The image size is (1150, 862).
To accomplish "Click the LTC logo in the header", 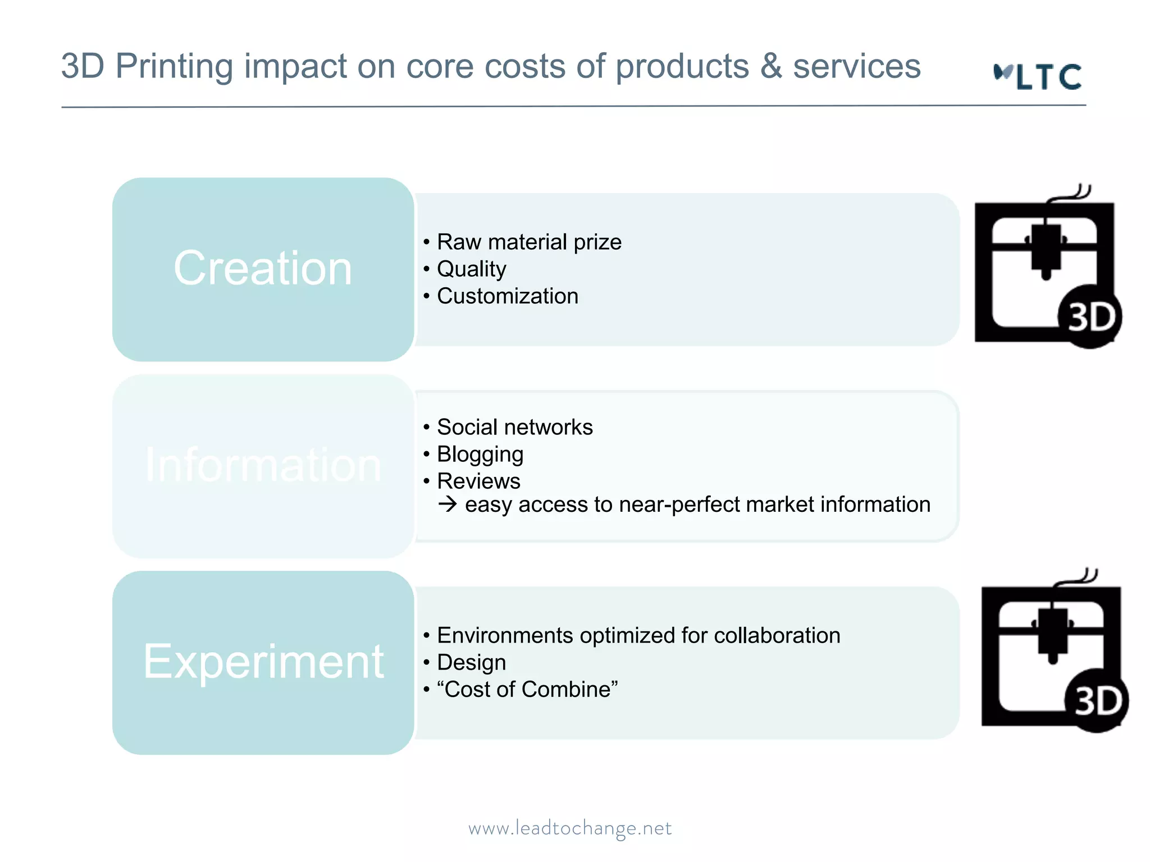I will pyautogui.click(x=1038, y=76).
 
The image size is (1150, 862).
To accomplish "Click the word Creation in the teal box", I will pyautogui.click(x=263, y=268).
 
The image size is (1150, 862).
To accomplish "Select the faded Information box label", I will pyautogui.click(x=263, y=465).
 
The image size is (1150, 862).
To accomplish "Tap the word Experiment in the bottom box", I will pyautogui.click(x=263, y=662).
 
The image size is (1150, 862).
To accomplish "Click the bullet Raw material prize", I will pyautogui.click(x=529, y=242).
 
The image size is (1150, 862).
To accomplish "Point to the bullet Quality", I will pyautogui.click(x=471, y=269).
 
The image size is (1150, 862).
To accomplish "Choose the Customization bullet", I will pyautogui.click(x=507, y=296).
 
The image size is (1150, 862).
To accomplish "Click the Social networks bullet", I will pyautogui.click(x=514, y=427).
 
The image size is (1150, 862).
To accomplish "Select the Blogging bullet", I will pyautogui.click(x=480, y=454).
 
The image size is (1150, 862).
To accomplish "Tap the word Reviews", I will pyautogui.click(x=478, y=481).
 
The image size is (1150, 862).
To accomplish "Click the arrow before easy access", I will pyautogui.click(x=448, y=504).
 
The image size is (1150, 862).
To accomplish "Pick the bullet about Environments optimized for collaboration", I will pyautogui.click(x=638, y=635).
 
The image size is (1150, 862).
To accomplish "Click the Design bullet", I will pyautogui.click(x=471, y=662).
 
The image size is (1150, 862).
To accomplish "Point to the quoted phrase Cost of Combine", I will pyautogui.click(x=527, y=689).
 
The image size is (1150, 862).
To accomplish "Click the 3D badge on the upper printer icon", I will pyautogui.click(x=1090, y=317).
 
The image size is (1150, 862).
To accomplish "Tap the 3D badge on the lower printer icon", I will pyautogui.click(x=1097, y=701).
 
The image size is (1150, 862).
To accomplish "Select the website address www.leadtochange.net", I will pyautogui.click(x=570, y=828).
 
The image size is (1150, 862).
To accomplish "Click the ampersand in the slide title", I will pyautogui.click(x=771, y=66).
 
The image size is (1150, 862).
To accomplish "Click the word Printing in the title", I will pyautogui.click(x=174, y=66).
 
